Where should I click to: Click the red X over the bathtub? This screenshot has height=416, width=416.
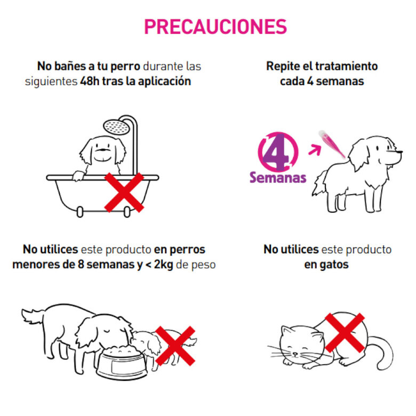124,191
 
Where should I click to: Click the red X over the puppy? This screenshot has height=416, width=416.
175,345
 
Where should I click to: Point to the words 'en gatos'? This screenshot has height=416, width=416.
327,264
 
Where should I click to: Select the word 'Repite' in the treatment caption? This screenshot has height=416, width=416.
284,67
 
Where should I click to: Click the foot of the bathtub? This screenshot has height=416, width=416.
80,212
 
